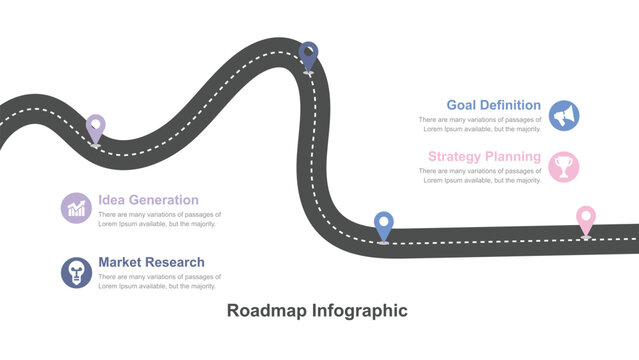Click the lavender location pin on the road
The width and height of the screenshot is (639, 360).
pos(95,128)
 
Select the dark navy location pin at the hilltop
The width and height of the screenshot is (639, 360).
pos(309,55)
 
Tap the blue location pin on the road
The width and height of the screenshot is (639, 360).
pos(383,225)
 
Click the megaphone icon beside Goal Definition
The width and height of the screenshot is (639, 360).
pos(564,116)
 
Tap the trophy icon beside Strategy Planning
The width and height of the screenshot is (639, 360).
pos(564,167)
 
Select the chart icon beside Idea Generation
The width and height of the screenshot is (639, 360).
pos(77,207)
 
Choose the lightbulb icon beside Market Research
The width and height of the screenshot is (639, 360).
pos(77,271)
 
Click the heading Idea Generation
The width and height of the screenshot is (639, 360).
pos(148,200)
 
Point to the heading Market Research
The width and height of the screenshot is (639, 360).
pos(151,262)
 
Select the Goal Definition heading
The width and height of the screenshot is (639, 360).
pos(493,105)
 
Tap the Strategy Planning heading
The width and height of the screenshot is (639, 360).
pos(484,157)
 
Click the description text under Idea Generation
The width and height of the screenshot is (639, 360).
pos(159,219)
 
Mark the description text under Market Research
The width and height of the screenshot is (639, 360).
pos(159,281)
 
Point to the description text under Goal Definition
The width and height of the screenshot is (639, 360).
pos(480,124)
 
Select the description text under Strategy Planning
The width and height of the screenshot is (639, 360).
pos(480,176)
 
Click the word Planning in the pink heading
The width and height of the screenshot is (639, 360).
pos(513,157)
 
